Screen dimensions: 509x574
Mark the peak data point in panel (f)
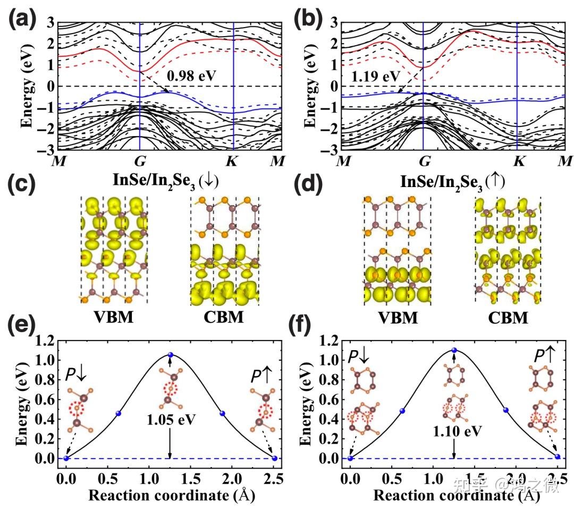(454, 351)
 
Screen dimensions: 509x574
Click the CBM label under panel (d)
(507, 318)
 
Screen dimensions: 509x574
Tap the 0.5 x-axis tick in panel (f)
(402, 474)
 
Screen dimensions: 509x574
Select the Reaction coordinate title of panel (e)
(171, 495)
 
